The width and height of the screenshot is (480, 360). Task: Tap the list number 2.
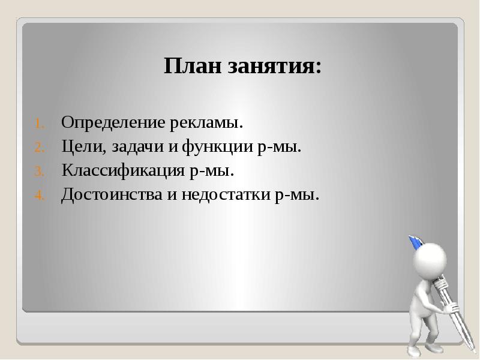(37, 148)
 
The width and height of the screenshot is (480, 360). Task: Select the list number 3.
(37, 172)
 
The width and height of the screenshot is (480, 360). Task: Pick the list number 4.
(37, 196)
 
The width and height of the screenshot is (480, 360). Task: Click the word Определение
(113, 124)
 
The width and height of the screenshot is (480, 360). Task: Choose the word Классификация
(122, 172)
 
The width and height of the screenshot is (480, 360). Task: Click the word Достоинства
(109, 195)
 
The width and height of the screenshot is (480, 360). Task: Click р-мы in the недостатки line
(295, 195)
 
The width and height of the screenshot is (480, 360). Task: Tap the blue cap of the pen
(415, 242)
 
